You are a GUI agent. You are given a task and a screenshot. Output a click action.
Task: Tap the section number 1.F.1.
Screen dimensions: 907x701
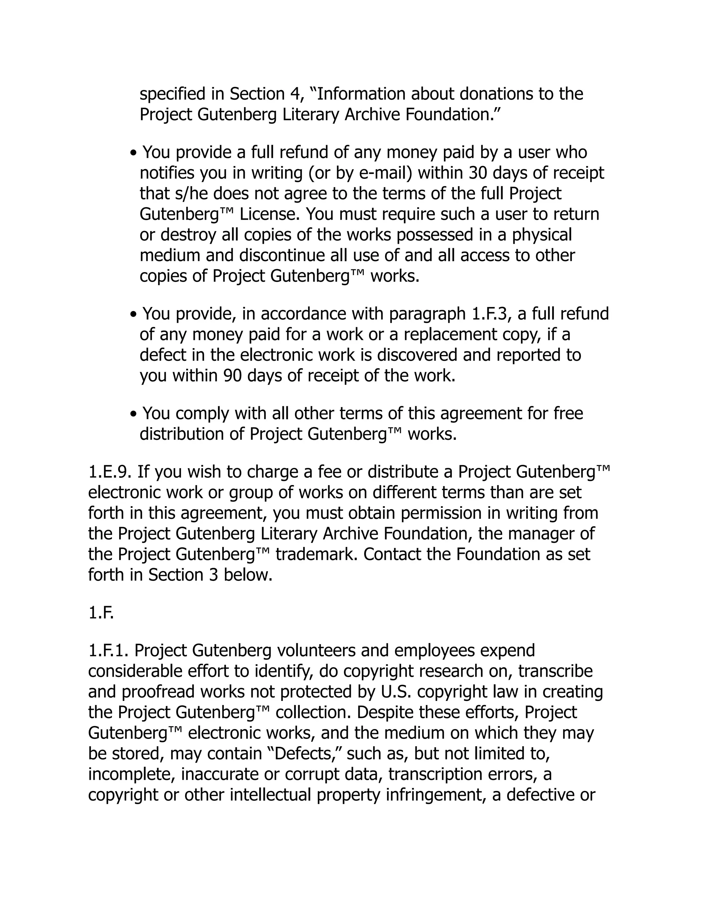click(109, 651)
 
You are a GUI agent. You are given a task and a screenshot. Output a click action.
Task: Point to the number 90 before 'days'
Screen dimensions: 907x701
click(232, 376)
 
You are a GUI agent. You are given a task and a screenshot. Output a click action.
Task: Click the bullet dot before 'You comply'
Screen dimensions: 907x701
click(133, 414)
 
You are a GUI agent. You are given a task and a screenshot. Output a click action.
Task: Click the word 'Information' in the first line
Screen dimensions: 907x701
click(361, 94)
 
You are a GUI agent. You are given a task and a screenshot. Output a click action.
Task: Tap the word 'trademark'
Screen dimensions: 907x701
click(316, 554)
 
